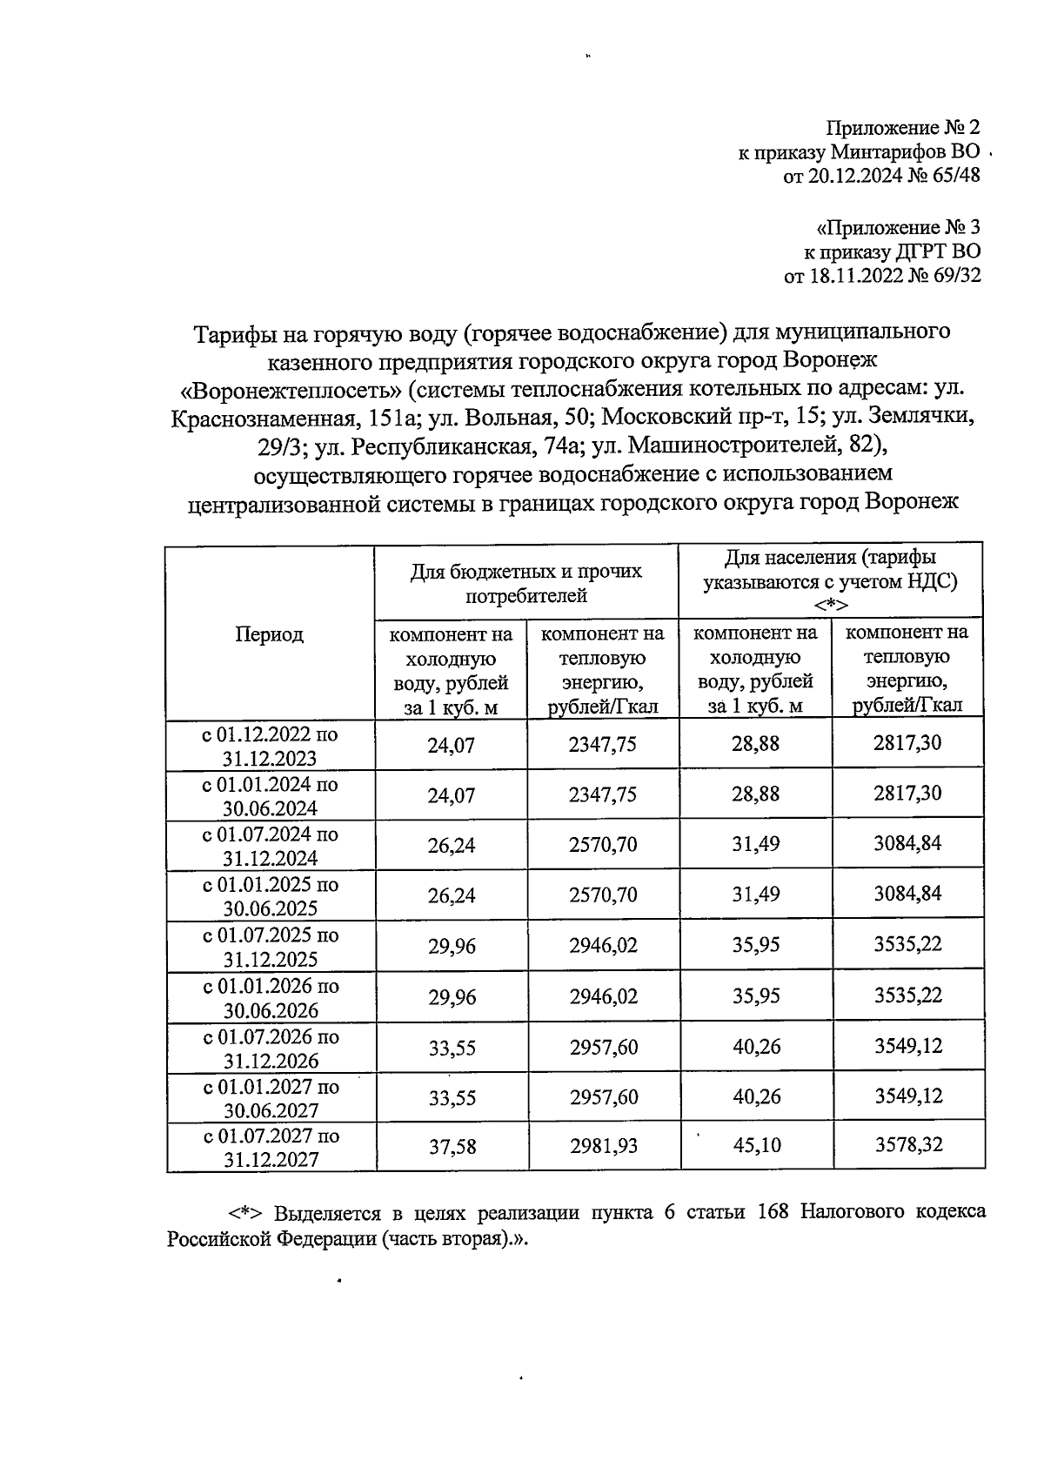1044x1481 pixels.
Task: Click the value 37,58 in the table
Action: tap(452, 1146)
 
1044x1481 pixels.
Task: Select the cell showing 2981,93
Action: tap(603, 1146)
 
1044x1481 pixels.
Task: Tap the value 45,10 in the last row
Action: tap(756, 1146)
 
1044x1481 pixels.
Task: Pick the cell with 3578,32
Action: tap(908, 1145)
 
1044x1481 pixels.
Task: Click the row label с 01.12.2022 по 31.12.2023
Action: tap(270, 746)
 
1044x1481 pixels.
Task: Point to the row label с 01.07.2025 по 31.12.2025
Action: tap(270, 948)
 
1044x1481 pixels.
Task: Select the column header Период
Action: tap(270, 634)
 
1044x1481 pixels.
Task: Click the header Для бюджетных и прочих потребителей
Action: tap(525, 583)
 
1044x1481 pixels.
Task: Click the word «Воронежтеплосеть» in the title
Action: tap(284, 388)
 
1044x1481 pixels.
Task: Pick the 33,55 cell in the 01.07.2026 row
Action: tap(452, 1048)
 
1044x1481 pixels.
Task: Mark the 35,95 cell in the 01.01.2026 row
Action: tap(755, 996)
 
